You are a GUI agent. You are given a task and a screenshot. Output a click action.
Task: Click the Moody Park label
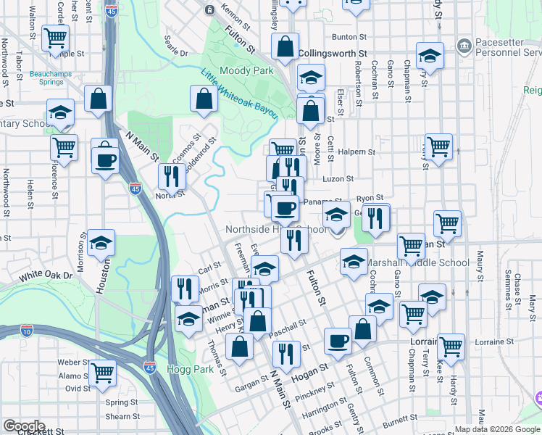[x=246, y=70]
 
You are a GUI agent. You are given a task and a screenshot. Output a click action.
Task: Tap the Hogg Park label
[x=193, y=369]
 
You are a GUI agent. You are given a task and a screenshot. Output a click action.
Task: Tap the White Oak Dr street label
[x=46, y=276]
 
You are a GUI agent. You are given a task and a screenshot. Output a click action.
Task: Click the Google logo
[x=24, y=426]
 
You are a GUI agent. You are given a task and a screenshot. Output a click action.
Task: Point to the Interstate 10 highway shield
[x=28, y=331]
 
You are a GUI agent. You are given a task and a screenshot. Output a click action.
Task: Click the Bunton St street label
[x=345, y=36]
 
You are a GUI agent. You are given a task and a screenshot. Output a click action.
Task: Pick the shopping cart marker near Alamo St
[x=102, y=373]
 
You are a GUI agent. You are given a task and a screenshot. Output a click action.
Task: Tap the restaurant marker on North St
[x=172, y=176]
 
